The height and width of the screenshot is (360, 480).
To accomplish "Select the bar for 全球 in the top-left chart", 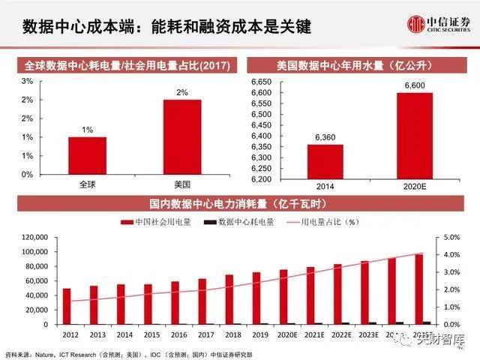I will pos(87,155).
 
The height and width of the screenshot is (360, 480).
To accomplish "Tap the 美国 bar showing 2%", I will pos(182,136).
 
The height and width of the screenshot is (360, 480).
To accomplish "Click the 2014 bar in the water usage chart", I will pos(325,161).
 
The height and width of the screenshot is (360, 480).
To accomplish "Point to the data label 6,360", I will pos(325,137).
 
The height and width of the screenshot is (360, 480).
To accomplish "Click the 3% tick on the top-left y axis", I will pos(27,81).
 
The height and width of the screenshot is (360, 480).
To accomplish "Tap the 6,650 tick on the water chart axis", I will pos(259,81).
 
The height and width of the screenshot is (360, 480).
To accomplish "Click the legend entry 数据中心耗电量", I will pos(241,222).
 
